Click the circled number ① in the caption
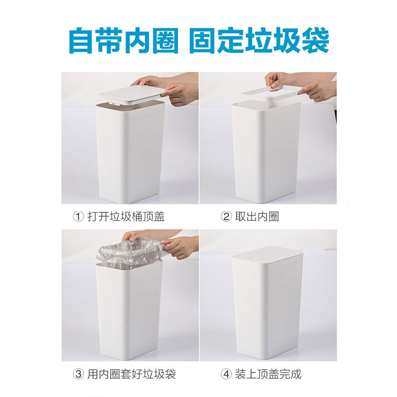78,217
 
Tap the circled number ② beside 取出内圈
226,217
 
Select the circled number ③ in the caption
78,374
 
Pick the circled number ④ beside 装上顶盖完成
226,374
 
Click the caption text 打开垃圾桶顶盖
126,217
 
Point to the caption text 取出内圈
257,217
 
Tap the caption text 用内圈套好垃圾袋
132,374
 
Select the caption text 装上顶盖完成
268,374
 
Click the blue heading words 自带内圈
124,41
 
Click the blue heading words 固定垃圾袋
259,41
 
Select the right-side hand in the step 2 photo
317,90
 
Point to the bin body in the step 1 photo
130,152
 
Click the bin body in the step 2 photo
266,151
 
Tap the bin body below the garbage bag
129,311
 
